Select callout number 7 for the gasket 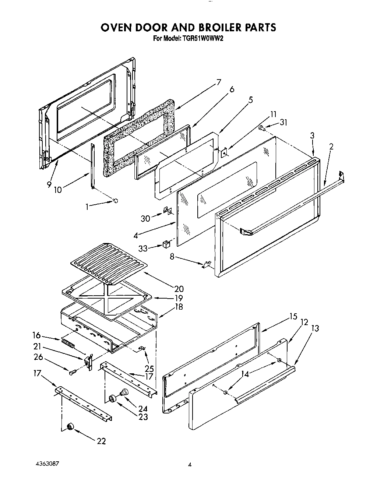(x=219, y=82)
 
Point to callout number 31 (x=283, y=123)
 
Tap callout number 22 (x=101, y=441)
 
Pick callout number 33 (x=143, y=249)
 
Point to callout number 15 (x=293, y=316)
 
